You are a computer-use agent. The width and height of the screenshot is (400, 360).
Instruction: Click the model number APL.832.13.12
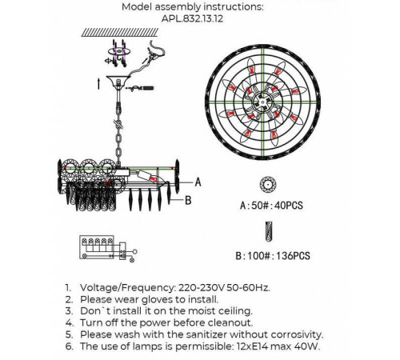pos(192,18)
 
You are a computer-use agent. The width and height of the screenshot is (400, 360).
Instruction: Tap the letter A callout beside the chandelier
pos(198,182)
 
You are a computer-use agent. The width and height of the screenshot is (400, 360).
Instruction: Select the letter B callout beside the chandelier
pos(188,200)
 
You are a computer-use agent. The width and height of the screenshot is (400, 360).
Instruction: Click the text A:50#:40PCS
pos(271,206)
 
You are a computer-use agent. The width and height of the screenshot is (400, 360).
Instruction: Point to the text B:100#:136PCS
pos(273,256)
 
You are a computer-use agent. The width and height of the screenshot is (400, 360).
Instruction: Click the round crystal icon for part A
pos(268,185)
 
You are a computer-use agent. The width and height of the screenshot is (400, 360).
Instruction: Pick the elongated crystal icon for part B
pos(269,232)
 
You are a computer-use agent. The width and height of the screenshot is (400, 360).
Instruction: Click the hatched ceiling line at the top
pos(120,32)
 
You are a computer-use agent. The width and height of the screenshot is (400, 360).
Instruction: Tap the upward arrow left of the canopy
pos(99,84)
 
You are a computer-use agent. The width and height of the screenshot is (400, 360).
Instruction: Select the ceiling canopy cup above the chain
pos(118,81)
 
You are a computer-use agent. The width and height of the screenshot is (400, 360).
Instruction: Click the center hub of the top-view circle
pos(262,102)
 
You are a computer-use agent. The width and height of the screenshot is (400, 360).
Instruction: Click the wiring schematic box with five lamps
pos(97,247)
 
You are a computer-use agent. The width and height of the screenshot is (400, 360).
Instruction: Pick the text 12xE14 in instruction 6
pos(253,346)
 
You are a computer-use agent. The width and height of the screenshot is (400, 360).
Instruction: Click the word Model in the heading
pos(137,7)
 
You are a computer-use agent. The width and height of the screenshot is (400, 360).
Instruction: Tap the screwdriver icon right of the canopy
pos(140,88)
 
